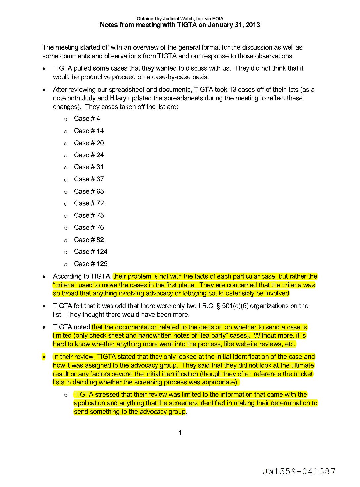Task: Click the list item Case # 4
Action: [x=87, y=119]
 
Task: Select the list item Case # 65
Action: [x=89, y=191]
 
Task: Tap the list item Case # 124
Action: [x=91, y=252]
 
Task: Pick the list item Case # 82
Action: [x=89, y=240]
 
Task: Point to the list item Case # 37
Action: [x=89, y=179]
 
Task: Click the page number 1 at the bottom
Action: [x=180, y=433]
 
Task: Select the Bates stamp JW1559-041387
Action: [x=299, y=471]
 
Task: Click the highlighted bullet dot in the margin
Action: [x=44, y=357]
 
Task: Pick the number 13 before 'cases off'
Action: [x=233, y=90]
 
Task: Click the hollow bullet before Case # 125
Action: [x=66, y=264]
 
